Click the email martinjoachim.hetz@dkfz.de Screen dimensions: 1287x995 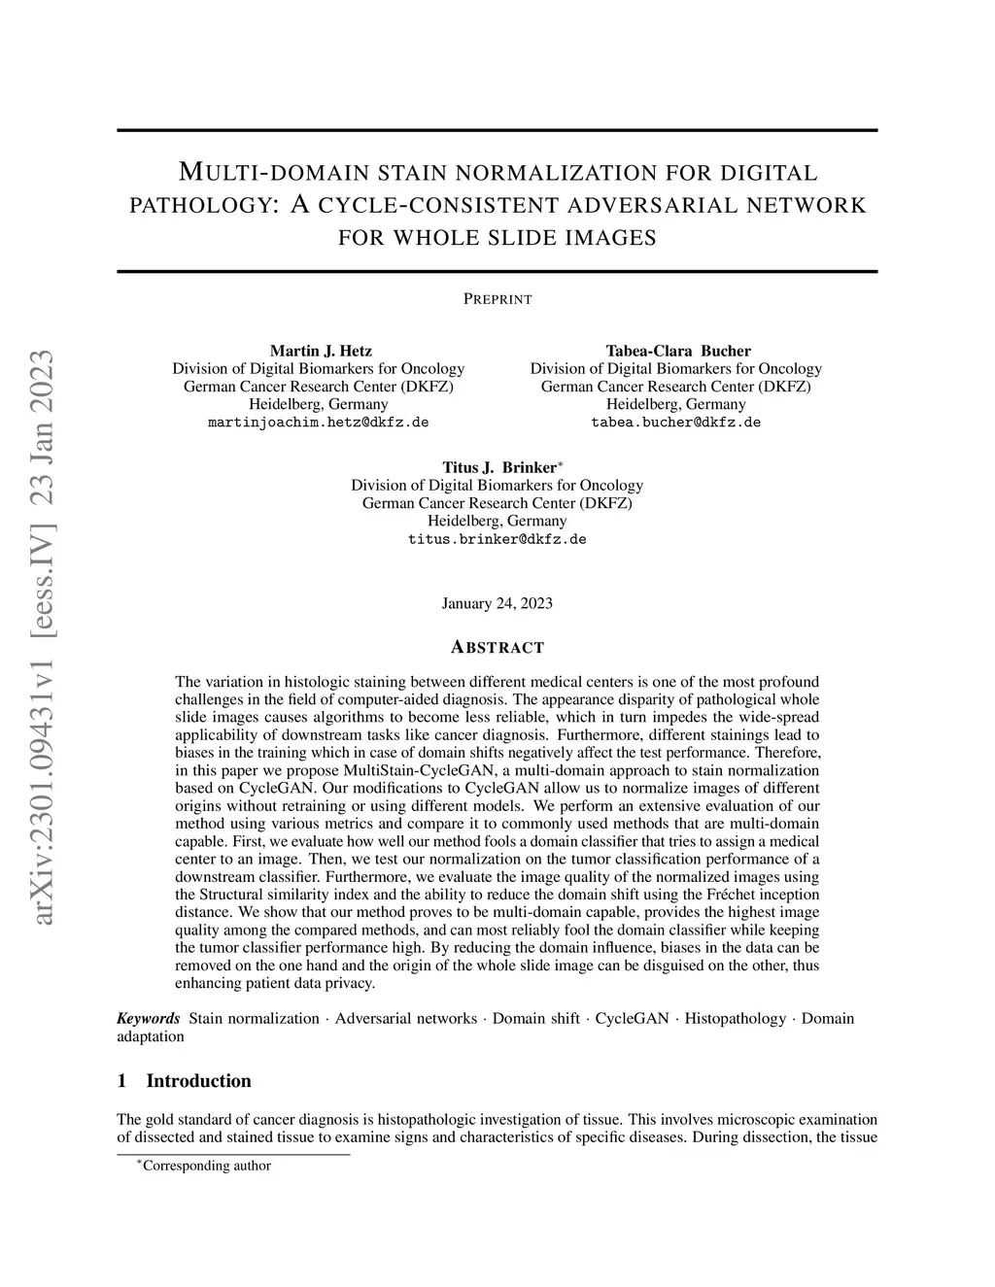click(319, 423)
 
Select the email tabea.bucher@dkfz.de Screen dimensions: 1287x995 click(675, 423)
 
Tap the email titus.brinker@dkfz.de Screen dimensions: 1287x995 click(497, 539)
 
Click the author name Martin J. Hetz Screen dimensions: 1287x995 click(320, 351)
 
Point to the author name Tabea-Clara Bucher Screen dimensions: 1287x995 click(677, 351)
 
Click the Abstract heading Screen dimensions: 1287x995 click(497, 648)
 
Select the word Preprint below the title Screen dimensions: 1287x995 click(497, 299)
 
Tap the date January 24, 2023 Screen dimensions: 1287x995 click(497, 603)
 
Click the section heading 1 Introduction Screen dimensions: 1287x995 click(184, 1081)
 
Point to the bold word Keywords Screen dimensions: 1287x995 click(148, 1018)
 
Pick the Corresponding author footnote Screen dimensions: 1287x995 click(206, 1166)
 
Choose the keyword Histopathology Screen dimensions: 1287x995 click(735, 1018)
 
